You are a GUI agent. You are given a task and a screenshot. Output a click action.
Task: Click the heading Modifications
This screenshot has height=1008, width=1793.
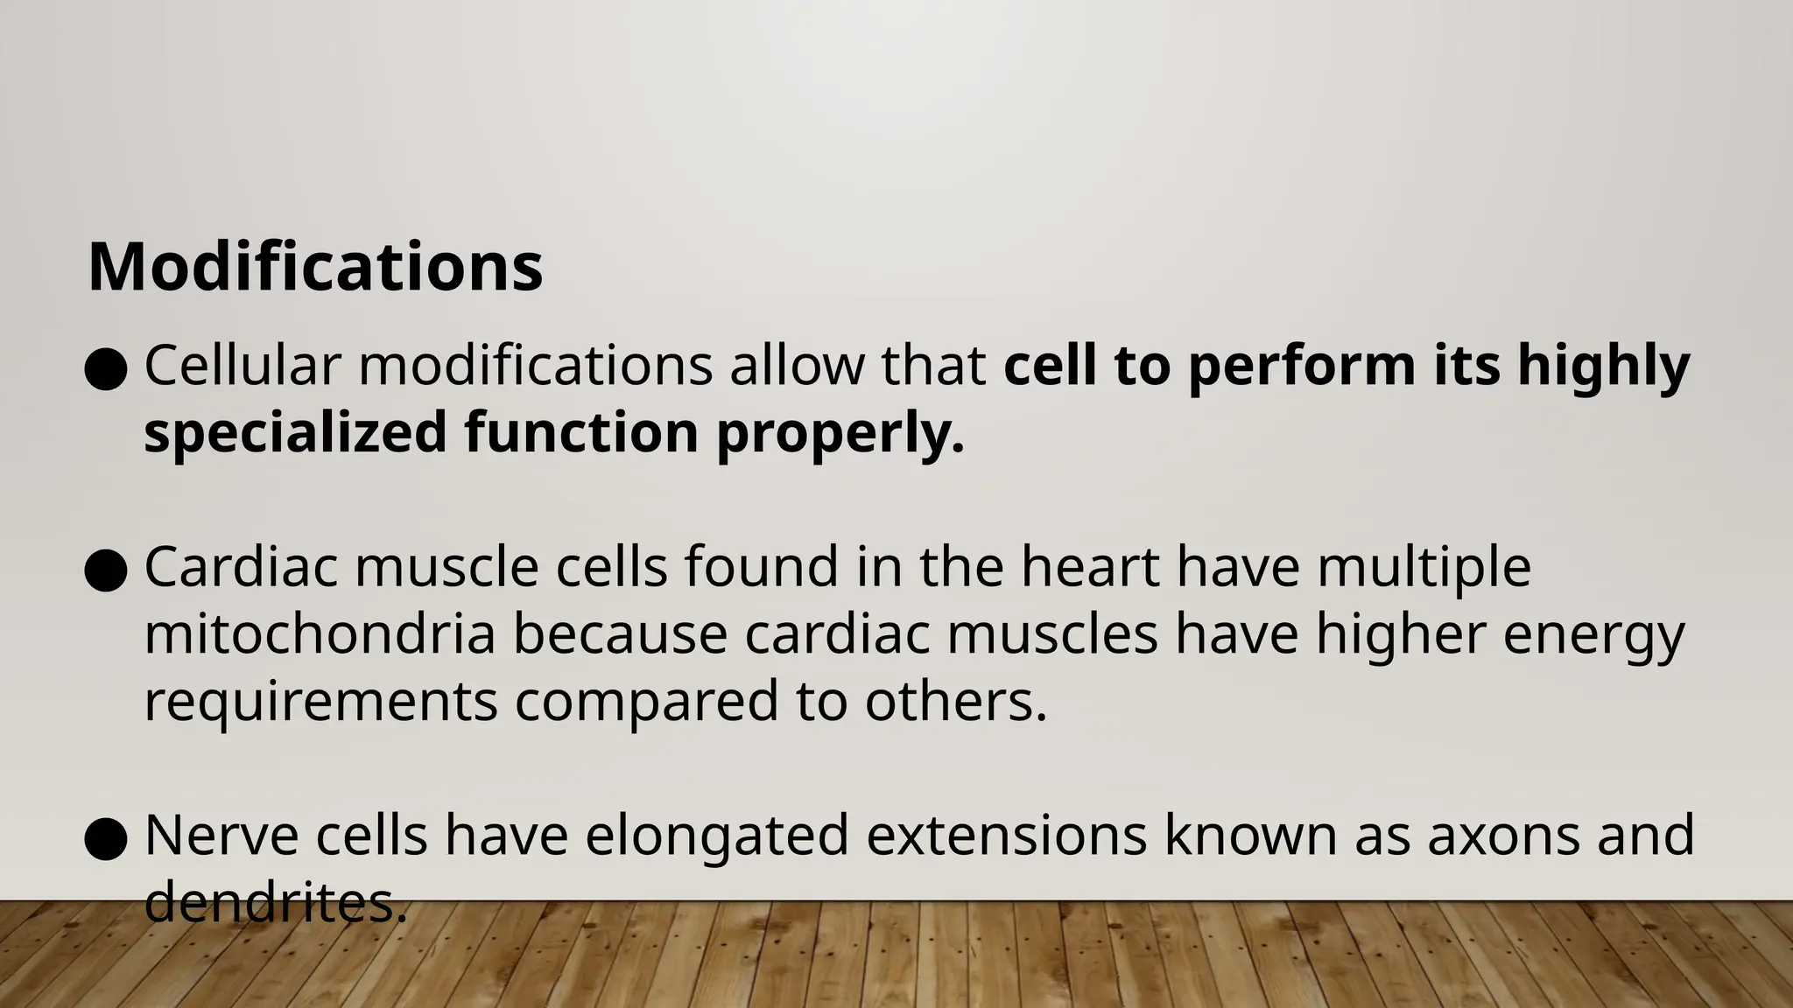[x=315, y=267]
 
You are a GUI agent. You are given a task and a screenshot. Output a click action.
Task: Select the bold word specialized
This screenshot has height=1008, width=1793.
[x=295, y=432]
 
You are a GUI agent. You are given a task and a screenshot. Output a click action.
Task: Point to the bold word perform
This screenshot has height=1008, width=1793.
[x=1302, y=367]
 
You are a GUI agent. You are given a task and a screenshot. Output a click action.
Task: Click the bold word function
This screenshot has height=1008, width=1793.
[x=581, y=432]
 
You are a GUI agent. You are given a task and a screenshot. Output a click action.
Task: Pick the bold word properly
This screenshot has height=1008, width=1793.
[x=840, y=434]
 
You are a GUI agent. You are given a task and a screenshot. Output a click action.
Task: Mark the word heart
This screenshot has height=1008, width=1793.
[x=1090, y=567]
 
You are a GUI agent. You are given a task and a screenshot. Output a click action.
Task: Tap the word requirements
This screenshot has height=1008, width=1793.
[x=320, y=702]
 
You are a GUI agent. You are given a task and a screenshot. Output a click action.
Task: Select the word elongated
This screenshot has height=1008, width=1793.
[x=717, y=836]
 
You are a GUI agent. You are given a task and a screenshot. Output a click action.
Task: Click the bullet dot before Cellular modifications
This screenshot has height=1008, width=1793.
[x=107, y=370]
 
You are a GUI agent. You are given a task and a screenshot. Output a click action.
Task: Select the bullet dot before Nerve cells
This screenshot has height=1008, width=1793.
[x=107, y=840]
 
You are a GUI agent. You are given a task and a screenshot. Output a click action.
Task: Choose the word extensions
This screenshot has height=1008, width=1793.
[x=1007, y=836]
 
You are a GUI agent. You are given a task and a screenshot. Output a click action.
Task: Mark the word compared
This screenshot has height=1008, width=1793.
[x=646, y=703]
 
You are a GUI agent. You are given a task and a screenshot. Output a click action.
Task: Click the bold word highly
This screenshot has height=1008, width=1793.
[x=1603, y=367]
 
